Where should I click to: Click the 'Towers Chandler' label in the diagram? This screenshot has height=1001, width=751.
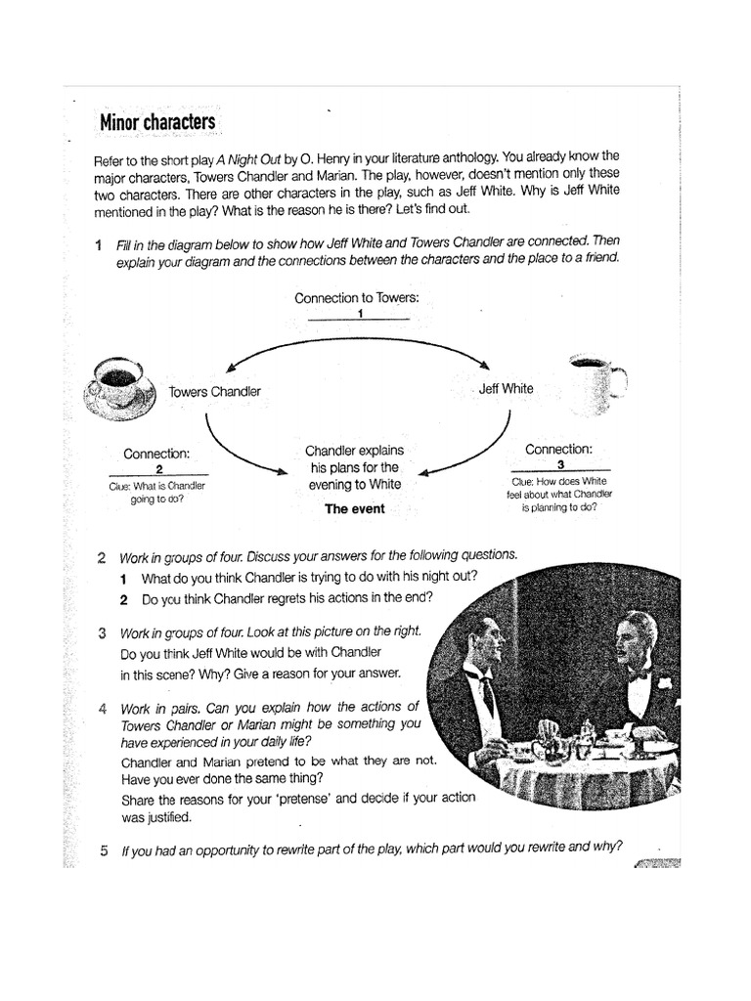pos(214,391)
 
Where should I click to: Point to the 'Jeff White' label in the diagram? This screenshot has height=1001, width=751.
pos(506,388)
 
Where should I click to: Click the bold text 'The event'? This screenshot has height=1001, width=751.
pos(354,508)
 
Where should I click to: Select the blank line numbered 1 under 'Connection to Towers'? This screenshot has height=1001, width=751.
pos(359,315)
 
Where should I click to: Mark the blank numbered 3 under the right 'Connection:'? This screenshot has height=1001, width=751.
pos(559,465)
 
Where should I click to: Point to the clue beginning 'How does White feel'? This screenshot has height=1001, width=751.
pos(559,495)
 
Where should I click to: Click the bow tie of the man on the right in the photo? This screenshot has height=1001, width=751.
pos(641,675)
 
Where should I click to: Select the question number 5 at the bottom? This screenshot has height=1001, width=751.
pos(103,849)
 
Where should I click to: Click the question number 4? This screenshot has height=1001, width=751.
pos(103,707)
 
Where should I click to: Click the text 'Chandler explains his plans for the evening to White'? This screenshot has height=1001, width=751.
pos(353,467)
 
